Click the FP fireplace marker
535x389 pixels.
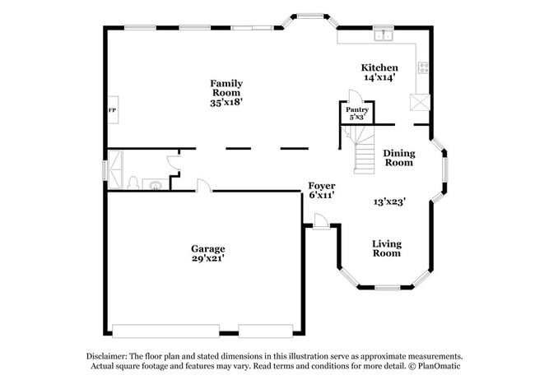[x=112, y=110]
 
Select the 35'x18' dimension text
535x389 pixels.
[x=226, y=103]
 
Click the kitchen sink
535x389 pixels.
[x=384, y=35]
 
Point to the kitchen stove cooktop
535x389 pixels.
[x=423, y=68]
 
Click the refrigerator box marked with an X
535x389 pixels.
[x=421, y=102]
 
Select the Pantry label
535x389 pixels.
[x=356, y=109]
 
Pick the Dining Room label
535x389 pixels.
[x=399, y=158]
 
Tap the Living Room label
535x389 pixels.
[x=386, y=248]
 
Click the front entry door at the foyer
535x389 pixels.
[x=322, y=220]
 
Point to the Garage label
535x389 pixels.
[x=207, y=248]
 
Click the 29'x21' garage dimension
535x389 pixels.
[x=207, y=258]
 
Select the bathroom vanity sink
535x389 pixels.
[x=154, y=184]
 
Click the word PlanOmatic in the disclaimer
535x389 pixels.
[x=439, y=367]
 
